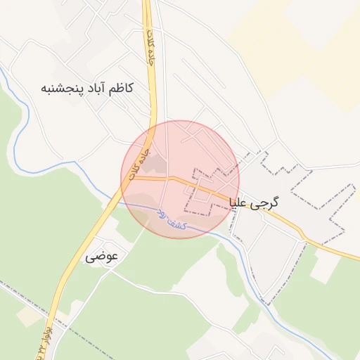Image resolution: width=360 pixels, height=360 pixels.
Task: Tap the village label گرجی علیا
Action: coord(254,202)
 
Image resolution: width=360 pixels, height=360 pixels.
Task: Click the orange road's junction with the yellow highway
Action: coord(129,178)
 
